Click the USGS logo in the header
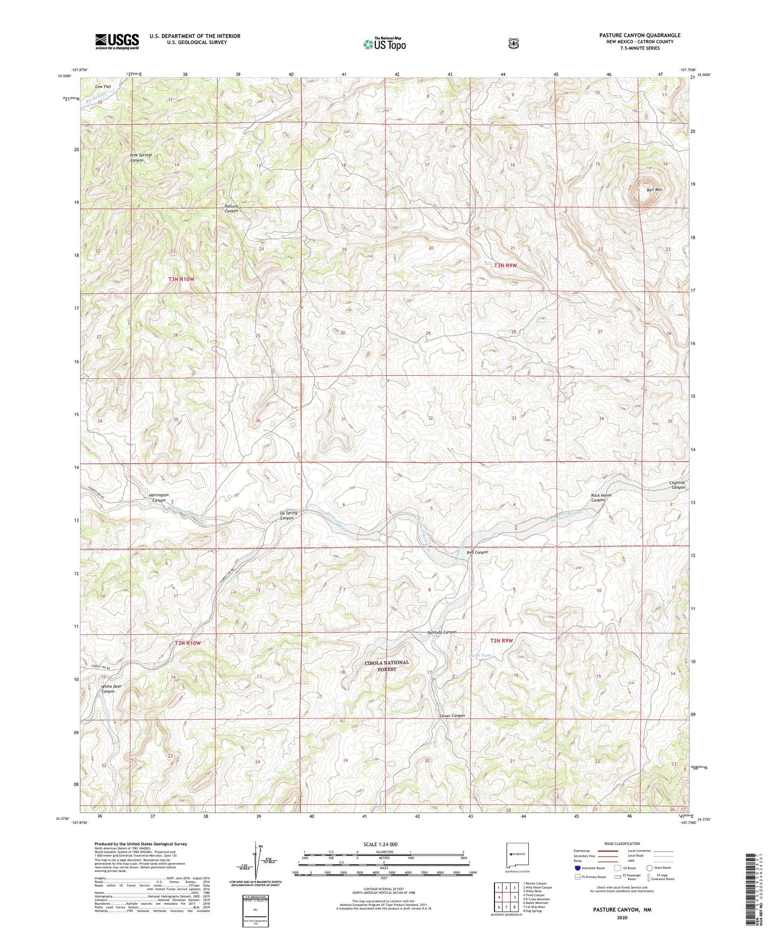tap(117, 41)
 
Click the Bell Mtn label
tap(654, 189)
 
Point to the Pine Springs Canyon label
tap(141, 157)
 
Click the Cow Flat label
tap(103, 86)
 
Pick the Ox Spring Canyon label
tap(289, 515)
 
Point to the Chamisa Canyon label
tap(677, 485)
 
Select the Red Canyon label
tap(477, 552)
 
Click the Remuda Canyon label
tap(442, 632)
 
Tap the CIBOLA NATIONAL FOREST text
tap(387, 665)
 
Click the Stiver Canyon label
tap(452, 716)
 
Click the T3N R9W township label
tap(506, 265)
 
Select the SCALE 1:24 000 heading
tap(380, 844)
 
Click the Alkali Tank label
tap(479, 655)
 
